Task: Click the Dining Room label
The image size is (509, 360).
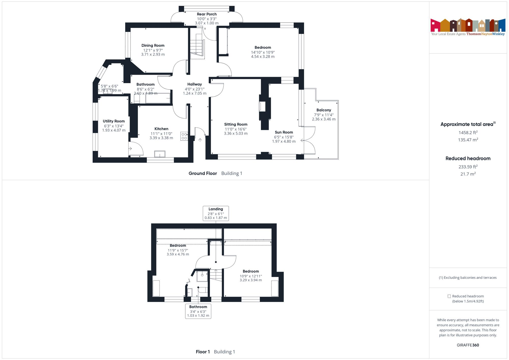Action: click(x=153, y=46)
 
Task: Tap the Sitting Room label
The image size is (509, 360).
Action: click(x=236, y=124)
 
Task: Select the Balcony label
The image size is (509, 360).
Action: click(x=324, y=110)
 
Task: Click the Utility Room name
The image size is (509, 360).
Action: click(x=114, y=121)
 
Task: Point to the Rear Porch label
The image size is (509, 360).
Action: click(x=207, y=14)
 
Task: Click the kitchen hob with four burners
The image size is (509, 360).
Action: click(x=184, y=136)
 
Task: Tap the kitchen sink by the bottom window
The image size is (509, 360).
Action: click(x=160, y=154)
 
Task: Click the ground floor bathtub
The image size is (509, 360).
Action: click(x=158, y=98)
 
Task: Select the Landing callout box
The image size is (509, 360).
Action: click(x=216, y=213)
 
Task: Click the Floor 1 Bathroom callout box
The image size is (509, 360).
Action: click(x=198, y=311)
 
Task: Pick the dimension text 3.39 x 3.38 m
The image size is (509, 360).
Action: click(x=161, y=138)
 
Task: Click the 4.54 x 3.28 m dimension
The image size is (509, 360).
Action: click(x=263, y=56)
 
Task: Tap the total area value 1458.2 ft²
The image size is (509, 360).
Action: click(x=468, y=133)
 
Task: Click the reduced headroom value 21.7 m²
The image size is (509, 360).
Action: click(x=468, y=174)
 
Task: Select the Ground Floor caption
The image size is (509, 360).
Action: click(x=203, y=174)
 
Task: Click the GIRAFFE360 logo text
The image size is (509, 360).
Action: click(x=468, y=345)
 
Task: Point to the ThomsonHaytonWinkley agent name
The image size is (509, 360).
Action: click(x=485, y=34)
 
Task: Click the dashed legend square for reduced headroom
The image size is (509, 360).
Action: click(x=449, y=296)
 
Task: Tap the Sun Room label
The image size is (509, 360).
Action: click(x=284, y=132)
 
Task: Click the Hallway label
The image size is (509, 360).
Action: click(x=194, y=84)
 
